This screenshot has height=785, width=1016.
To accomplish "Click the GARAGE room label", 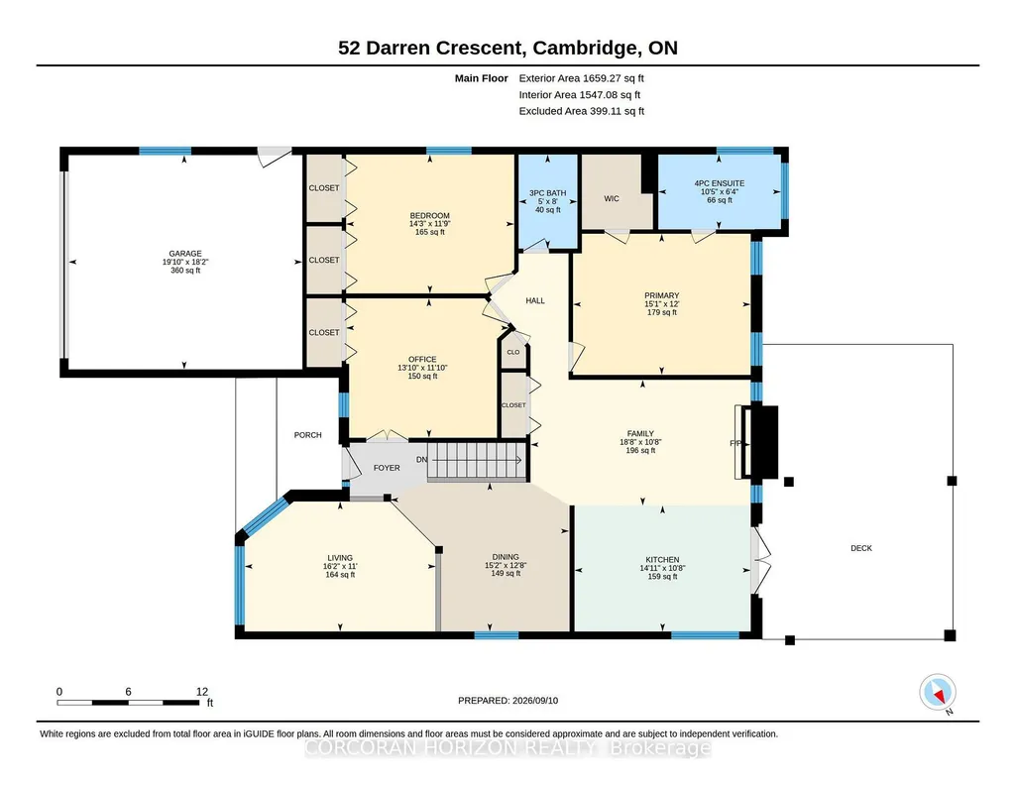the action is [185, 254].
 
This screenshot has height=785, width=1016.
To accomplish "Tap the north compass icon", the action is [938, 693].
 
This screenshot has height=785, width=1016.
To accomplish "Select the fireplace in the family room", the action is [757, 442].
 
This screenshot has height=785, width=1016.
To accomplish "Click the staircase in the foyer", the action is [478, 461].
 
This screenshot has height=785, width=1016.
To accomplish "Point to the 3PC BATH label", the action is [547, 193].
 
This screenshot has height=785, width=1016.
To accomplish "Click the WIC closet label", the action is [612, 199].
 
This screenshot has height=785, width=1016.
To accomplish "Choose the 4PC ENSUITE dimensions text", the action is [720, 191].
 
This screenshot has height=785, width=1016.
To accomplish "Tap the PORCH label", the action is [308, 435].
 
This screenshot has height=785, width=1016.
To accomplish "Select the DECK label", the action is [861, 548].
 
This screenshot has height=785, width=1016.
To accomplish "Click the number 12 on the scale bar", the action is [202, 692].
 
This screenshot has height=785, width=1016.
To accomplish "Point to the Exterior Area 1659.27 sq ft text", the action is [581, 78].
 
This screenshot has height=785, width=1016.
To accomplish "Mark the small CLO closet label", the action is [513, 352].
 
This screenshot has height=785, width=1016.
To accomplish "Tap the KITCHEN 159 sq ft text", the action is [662, 577].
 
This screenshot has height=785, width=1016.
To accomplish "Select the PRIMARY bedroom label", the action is [661, 295].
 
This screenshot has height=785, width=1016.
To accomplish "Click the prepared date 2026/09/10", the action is [535, 700].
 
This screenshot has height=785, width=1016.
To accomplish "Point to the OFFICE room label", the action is [422, 360].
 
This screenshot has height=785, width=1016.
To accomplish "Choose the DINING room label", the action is [506, 557].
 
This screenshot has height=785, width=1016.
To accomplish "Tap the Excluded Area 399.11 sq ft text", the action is [581, 111].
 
